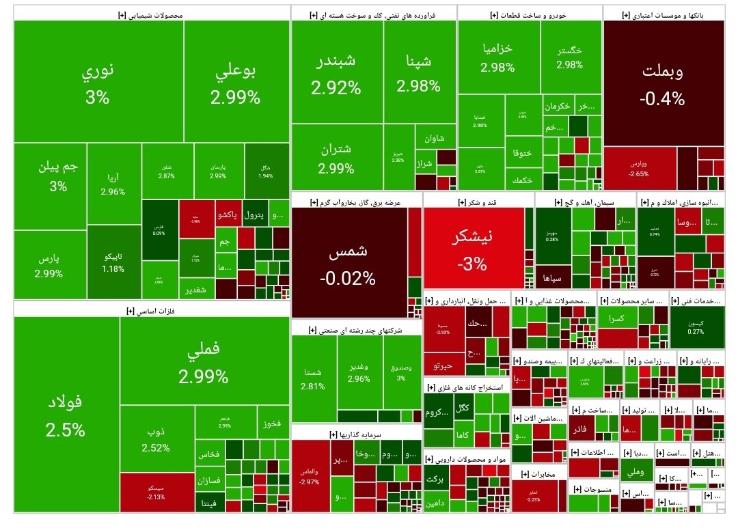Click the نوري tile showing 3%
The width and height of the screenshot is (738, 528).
[x=98, y=82]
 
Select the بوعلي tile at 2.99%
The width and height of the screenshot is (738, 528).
[x=235, y=82]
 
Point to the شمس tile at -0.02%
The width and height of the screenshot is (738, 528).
[x=348, y=263]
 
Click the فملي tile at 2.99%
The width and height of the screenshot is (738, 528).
[x=203, y=362]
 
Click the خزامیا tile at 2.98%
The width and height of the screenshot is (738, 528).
[x=497, y=57]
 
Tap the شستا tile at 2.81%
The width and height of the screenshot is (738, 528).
[x=313, y=378]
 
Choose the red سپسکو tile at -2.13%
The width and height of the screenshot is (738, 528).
[x=156, y=492]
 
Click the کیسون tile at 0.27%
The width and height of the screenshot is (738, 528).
[x=696, y=328]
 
